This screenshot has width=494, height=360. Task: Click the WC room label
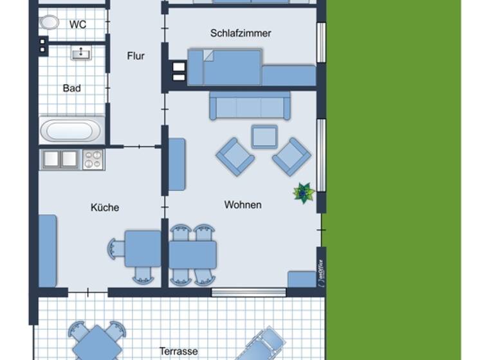pyautogui.click(x=78, y=25)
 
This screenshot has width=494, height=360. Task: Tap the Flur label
pyautogui.click(x=136, y=56)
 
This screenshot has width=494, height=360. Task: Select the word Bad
pyautogui.click(x=71, y=88)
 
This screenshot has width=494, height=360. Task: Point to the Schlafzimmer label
pyautogui.click(x=241, y=33)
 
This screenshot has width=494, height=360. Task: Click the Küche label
pyautogui.click(x=104, y=208)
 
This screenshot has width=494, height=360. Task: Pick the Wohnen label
pyautogui.click(x=242, y=204)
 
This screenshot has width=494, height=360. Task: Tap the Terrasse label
pyautogui.click(x=179, y=352)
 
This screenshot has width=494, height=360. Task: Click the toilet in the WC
pyautogui.click(x=49, y=23)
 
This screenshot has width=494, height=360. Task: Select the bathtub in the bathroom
pyautogui.click(x=71, y=131)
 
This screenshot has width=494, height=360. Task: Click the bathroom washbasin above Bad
pyautogui.click(x=81, y=53)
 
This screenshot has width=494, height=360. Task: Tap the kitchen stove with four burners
pyautogui.click(x=93, y=159)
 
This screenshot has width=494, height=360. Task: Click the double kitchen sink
pyautogui.click(x=60, y=159)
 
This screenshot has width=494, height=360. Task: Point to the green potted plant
pyautogui.click(x=303, y=192)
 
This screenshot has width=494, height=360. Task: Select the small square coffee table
pyautogui.click(x=264, y=136)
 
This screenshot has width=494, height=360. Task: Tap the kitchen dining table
pyautogui.click(x=142, y=249)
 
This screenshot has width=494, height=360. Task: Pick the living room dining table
pyautogui.click(x=192, y=255)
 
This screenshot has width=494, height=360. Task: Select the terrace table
pyautogui.click(x=96, y=343)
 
